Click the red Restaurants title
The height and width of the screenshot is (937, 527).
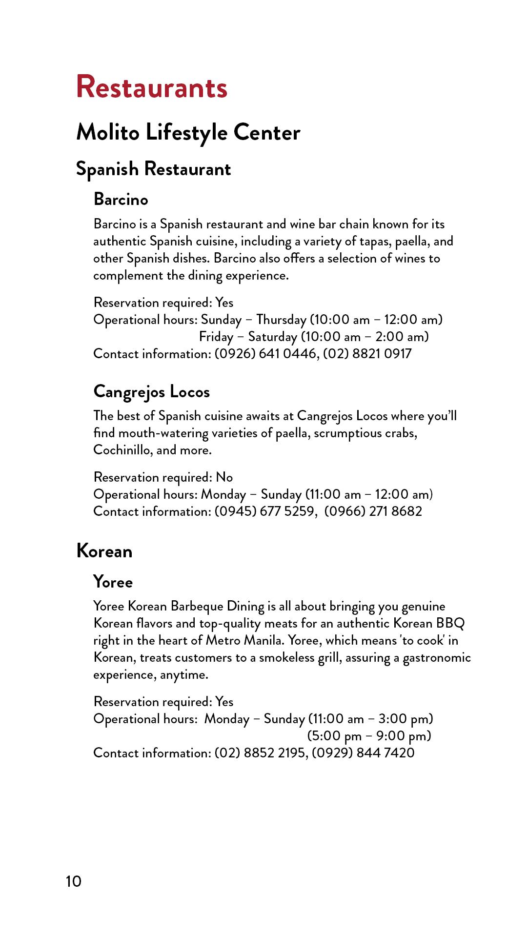152,87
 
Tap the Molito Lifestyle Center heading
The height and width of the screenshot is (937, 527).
188,132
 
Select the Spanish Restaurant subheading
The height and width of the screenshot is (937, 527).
153,169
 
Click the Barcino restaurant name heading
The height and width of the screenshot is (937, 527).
121,199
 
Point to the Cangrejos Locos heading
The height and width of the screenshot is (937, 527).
151,391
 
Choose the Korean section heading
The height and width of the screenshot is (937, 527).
104,551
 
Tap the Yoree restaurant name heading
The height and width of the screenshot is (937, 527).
113,582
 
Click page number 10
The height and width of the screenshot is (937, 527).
74,881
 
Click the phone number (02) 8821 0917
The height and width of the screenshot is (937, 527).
367,354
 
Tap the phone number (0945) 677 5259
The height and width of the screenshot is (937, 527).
264,511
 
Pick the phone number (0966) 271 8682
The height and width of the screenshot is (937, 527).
373,511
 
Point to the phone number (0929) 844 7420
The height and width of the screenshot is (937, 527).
363,753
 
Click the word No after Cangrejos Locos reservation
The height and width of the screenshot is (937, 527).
224,477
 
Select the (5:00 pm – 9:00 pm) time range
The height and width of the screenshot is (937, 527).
369,736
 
